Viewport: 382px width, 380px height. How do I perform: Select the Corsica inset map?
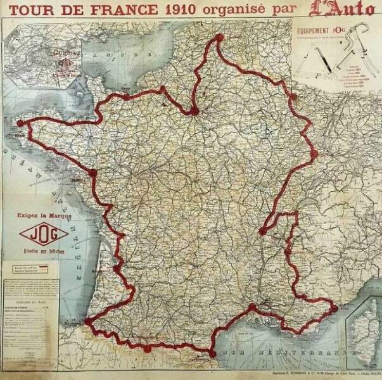[364, 332]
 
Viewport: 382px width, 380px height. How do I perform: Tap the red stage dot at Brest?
[20, 123]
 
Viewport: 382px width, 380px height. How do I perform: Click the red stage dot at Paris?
[194, 111]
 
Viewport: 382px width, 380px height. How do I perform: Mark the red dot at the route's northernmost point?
[220, 37]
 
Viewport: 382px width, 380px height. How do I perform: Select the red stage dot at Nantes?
[93, 172]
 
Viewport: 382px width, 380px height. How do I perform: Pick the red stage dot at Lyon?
[262, 231]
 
